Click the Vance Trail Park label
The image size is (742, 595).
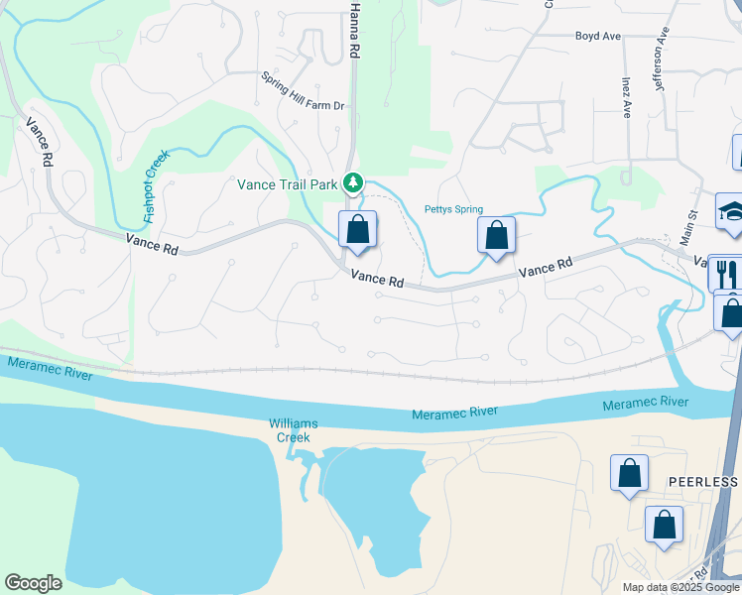tap(289, 183)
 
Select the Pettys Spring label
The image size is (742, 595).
tap(453, 209)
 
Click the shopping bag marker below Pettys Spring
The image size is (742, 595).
tap(497, 236)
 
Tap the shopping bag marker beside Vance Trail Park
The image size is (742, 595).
tap(358, 230)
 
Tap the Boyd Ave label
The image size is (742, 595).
tap(598, 36)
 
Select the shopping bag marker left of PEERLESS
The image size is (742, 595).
tap(630, 474)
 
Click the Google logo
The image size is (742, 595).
tap(33, 583)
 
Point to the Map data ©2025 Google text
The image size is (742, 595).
tap(680, 587)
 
